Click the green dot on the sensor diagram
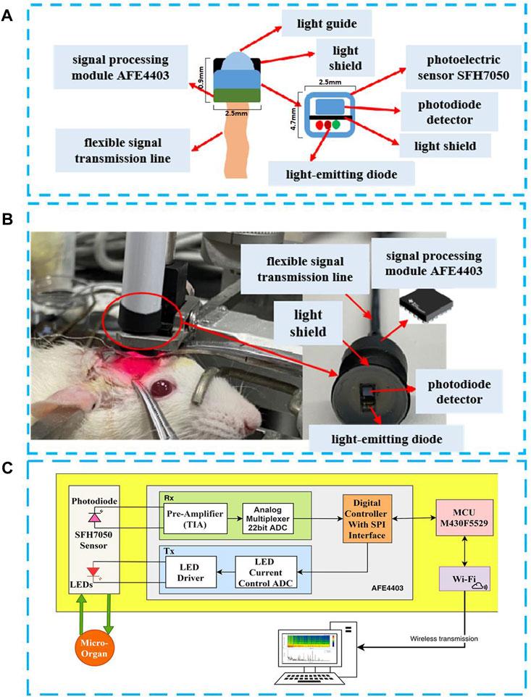(336, 125)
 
